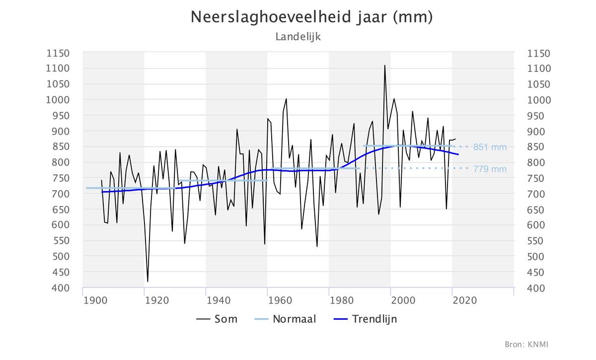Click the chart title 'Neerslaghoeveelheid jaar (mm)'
click(312, 17)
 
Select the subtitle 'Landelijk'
click(298, 37)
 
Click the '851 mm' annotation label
click(490, 147)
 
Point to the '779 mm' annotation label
click(490, 169)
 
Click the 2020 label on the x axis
click(465, 300)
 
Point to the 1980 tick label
click(342, 300)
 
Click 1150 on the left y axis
click(59, 53)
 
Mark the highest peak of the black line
click(384, 66)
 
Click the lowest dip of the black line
click(148, 282)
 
